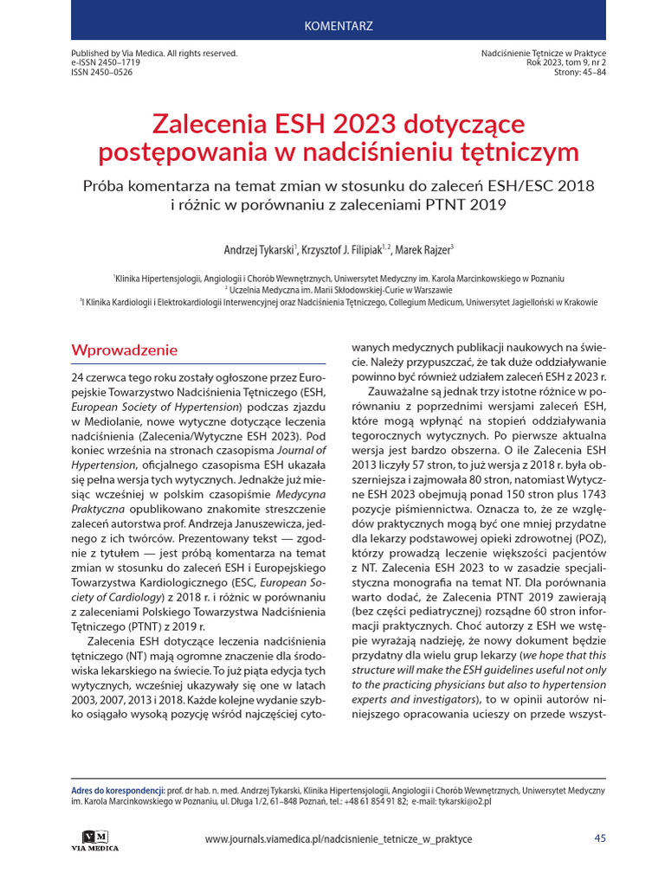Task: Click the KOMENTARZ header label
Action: pos(339,25)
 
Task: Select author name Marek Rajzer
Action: pos(424,250)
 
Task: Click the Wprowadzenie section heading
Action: pos(125,350)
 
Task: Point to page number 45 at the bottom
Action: pos(600,838)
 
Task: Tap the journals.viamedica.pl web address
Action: pos(339,839)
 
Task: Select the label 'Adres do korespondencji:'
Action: pos(118,791)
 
